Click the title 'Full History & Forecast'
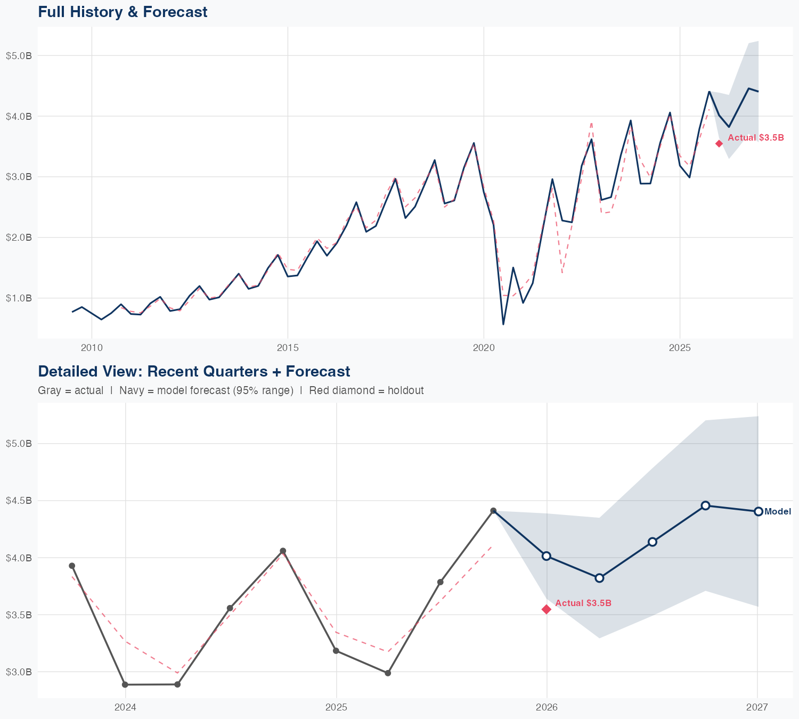pyautogui.click(x=123, y=12)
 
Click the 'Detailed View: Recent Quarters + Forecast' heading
pyautogui.click(x=194, y=371)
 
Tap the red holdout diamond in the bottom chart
pyautogui.click(x=547, y=609)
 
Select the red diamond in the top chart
pyautogui.click(x=719, y=143)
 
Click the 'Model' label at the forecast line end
pyautogui.click(x=778, y=512)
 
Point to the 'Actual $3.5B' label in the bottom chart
pyautogui.click(x=583, y=603)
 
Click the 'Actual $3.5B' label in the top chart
pyautogui.click(x=756, y=137)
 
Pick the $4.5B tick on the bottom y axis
pyautogui.click(x=19, y=501)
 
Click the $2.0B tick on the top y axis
pyautogui.click(x=19, y=237)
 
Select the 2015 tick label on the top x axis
pyautogui.click(x=288, y=348)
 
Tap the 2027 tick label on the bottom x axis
pyautogui.click(x=757, y=707)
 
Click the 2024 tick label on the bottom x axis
pyautogui.click(x=126, y=707)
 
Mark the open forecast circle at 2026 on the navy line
pyautogui.click(x=547, y=556)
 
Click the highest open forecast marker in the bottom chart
pyautogui.click(x=705, y=505)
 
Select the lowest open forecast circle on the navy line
pyautogui.click(x=599, y=578)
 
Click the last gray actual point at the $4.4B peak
pyautogui.click(x=493, y=511)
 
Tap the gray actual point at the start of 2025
pyautogui.click(x=336, y=651)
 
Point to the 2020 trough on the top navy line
pyautogui.click(x=503, y=324)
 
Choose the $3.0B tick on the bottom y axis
pyautogui.click(x=19, y=672)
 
